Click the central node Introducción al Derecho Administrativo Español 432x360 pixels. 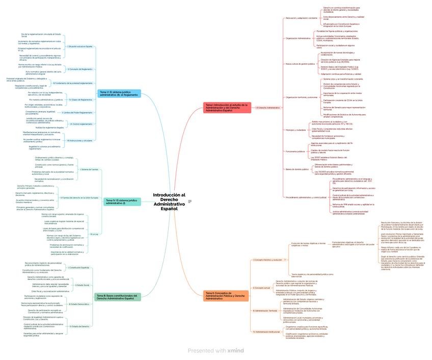pos(169,201)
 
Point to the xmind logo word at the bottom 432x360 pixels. pos(236,351)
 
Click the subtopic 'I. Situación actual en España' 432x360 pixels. pos(80,46)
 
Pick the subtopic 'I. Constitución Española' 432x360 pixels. pos(78,267)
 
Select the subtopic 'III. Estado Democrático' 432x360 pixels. pos(78,304)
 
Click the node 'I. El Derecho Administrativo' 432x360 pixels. pos(268,108)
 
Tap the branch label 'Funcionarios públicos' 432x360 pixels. pos(295,151)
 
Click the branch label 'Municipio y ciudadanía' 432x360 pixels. pos(296,130)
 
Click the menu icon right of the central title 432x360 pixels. pos(190,201)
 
